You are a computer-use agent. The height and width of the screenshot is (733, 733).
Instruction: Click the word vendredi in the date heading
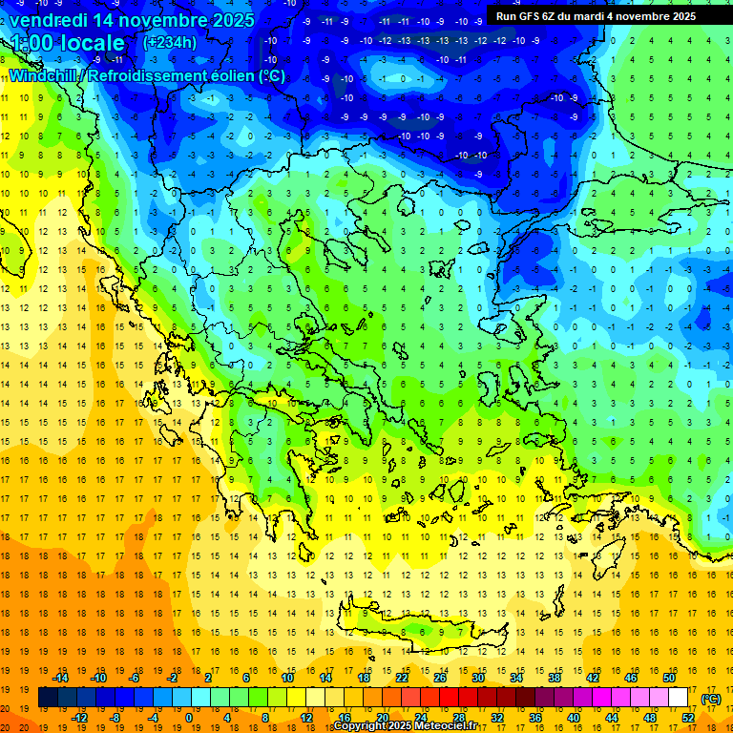49,20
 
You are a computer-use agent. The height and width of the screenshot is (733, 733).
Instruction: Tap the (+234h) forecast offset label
169,42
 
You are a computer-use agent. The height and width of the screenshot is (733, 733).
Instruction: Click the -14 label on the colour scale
60,678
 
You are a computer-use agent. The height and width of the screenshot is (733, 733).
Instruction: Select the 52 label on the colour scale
688,718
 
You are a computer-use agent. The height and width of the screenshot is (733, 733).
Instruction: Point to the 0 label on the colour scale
189,718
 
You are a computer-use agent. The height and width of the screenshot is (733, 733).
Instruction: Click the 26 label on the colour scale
440,678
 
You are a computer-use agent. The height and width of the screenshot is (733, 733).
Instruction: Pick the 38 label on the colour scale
554,678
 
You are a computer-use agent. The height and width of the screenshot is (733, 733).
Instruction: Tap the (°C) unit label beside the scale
710,699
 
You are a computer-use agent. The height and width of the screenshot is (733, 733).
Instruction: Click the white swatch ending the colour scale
678,698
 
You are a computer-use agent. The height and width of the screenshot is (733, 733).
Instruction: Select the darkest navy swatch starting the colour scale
48,698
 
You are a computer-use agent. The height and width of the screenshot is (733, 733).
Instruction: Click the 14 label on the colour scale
325,678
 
